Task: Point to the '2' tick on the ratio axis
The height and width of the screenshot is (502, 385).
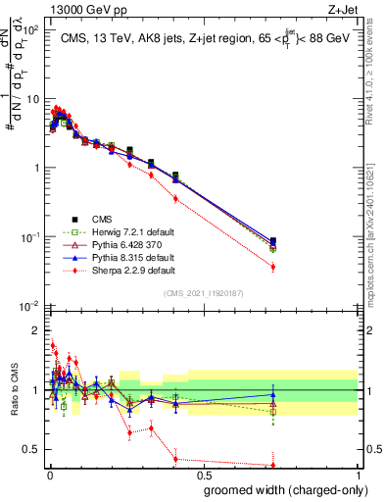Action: pos(34,330)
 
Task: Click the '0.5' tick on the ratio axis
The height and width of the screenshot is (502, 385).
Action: pos(30,450)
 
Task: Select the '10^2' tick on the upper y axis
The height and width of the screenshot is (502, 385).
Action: pos(31,30)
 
